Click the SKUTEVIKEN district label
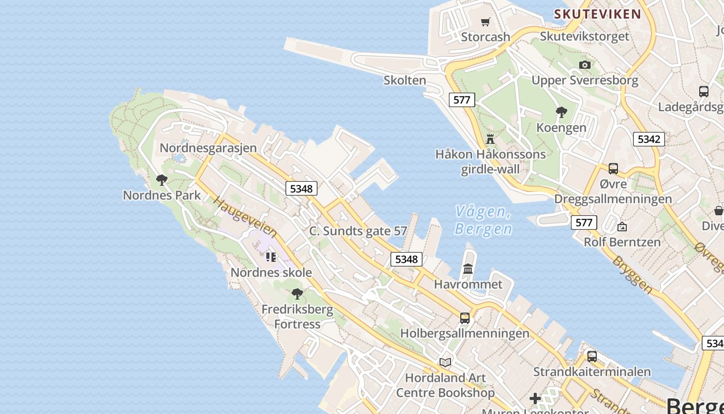[597, 14]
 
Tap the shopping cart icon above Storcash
[485, 22]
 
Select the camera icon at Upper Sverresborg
[585, 65]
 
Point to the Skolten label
[405, 80]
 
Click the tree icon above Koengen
[561, 112]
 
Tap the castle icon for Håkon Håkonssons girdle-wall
[490, 139]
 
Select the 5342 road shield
[648, 139]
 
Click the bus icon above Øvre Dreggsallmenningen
[613, 168]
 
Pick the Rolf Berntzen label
[622, 242]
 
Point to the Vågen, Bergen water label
[483, 220]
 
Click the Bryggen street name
[632, 274]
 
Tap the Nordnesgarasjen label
[208, 147]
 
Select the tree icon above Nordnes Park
[161, 180]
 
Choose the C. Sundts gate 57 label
[358, 231]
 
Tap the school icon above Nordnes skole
[270, 257]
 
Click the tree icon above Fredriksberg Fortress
[297, 294]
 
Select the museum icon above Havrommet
[468, 269]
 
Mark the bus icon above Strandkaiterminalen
[592, 356]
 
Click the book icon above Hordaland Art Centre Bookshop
[445, 362]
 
